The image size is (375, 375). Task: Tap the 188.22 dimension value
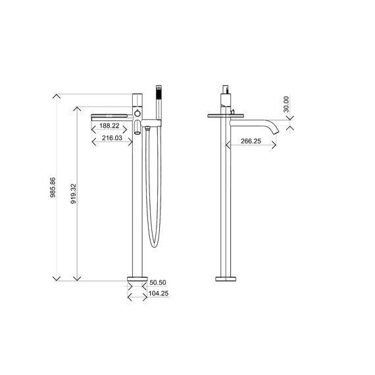109,126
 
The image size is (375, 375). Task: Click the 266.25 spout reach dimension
250,141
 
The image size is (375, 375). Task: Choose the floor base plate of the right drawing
227,277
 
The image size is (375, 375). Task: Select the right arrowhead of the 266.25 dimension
274,146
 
